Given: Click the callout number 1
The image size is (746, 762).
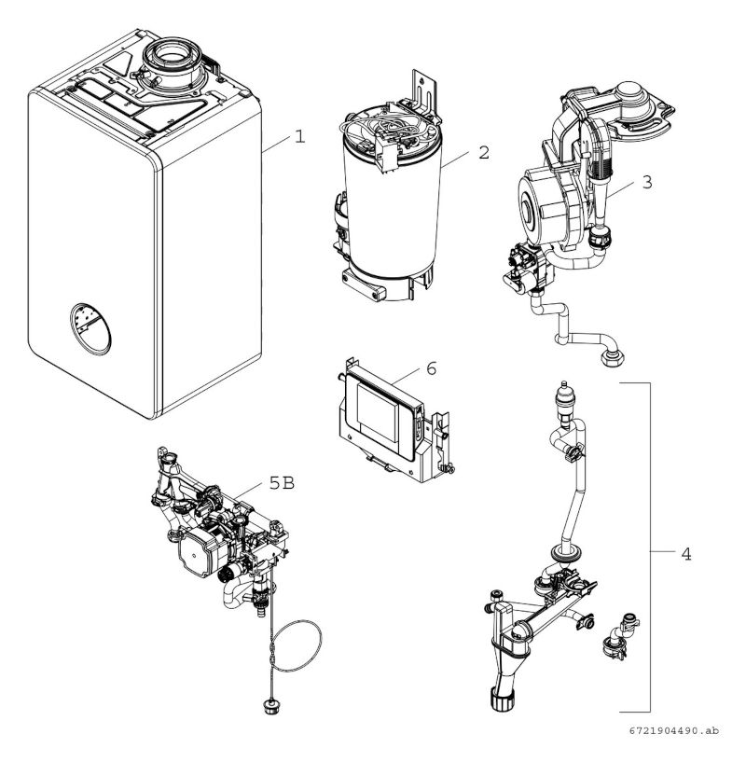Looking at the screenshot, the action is point(300,136).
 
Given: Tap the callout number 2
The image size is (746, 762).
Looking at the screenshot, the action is point(484,153).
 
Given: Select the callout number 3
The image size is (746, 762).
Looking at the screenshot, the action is point(647,182).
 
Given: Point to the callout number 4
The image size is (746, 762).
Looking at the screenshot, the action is point(685,553).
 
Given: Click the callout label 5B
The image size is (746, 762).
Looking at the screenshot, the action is point(283,482).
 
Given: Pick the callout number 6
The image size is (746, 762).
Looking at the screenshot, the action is point(431,368).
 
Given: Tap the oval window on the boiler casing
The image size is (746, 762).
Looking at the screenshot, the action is point(90,329).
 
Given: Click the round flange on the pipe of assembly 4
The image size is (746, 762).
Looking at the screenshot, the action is point(564,552).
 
